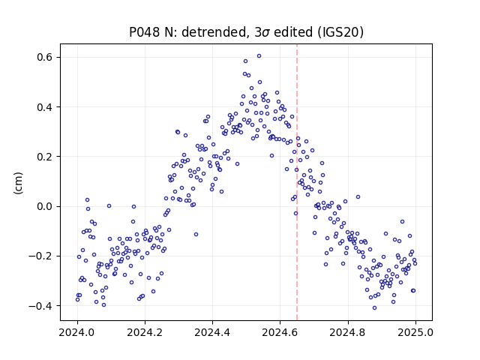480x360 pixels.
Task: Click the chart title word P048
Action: point(145,32)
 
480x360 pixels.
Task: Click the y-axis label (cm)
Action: point(18,183)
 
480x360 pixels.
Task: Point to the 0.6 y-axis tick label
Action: point(46,57)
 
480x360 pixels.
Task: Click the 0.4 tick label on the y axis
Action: point(46,107)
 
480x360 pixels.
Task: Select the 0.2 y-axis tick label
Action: point(46,157)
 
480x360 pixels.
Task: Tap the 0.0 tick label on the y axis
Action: point(46,206)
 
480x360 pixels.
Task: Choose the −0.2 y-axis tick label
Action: point(42,256)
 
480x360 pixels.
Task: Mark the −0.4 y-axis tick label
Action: point(42,305)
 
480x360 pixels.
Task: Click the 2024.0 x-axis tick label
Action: point(77,332)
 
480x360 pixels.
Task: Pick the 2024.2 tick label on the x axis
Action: point(145,332)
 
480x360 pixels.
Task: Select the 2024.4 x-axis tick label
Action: point(212,332)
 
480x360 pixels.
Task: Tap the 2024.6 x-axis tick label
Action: point(280,332)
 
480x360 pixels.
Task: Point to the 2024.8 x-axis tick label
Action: point(348,332)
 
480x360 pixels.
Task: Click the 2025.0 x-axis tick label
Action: point(415,332)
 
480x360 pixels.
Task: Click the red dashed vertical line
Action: point(297,182)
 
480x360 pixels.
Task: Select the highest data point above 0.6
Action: point(259,56)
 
